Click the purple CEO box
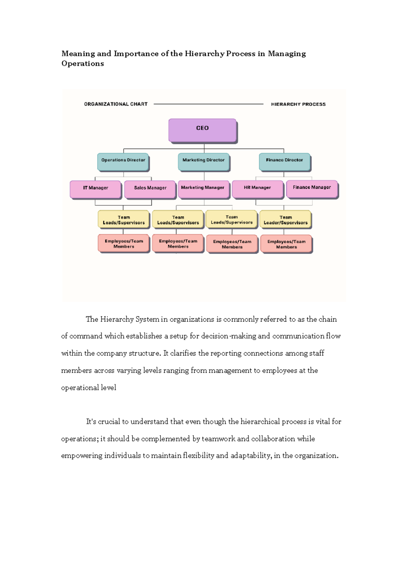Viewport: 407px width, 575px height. pyautogui.click(x=202, y=130)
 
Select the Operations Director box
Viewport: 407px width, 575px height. pyautogui.click(x=123, y=162)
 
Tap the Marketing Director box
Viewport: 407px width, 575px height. pyautogui.click(x=203, y=162)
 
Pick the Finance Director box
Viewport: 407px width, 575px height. pyautogui.click(x=284, y=162)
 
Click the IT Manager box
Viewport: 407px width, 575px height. pyautogui.click(x=96, y=189)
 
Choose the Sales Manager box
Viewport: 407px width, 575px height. pyautogui.click(x=150, y=189)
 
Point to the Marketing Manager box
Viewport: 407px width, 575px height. pyautogui.click(x=203, y=189)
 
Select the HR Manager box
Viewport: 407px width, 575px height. pyautogui.click(x=257, y=189)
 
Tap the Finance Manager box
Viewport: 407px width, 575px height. pyautogui.click(x=312, y=188)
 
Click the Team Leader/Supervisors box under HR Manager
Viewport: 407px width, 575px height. pyautogui.click(x=285, y=220)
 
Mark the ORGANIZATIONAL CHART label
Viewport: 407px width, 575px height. pyautogui.click(x=116, y=104)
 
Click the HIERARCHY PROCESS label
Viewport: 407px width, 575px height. pyautogui.click(x=298, y=104)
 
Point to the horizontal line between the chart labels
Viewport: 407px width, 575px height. pyautogui.click(x=209, y=104)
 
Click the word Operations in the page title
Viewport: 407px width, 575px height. pyautogui.click(x=82, y=63)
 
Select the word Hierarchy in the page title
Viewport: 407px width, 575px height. pyautogui.click(x=205, y=54)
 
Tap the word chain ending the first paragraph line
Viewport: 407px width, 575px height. pyautogui.click(x=327, y=319)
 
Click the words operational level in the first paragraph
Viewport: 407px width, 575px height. pyautogui.click(x=89, y=388)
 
